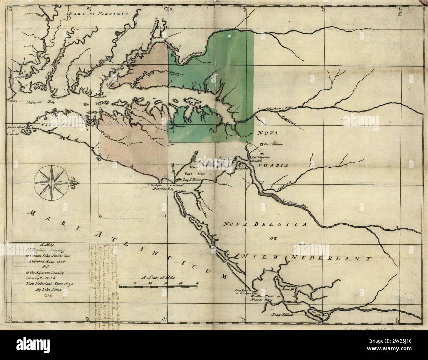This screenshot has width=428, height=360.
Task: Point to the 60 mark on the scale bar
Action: pos(197,283)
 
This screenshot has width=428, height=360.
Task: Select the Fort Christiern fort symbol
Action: pos(262,144)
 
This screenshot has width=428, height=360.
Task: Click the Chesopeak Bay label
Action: pos(37,102)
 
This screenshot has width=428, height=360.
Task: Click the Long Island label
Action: pos(282,315)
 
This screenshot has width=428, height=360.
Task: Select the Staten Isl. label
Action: pos(288,289)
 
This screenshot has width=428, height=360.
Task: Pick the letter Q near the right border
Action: pos(397,227)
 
